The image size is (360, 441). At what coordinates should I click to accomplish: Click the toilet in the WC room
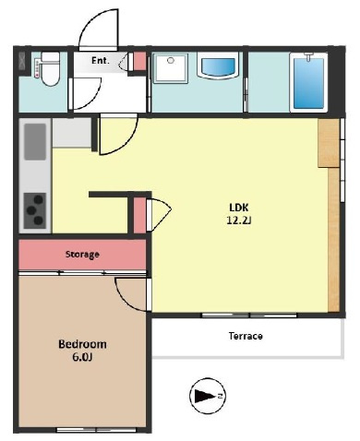(x=50, y=69)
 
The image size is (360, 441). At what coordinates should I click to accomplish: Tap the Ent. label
(x=101, y=61)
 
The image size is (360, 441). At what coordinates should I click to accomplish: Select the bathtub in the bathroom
(x=308, y=82)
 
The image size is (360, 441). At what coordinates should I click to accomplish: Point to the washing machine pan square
(x=171, y=68)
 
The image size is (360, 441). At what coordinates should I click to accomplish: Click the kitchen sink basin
(x=35, y=142)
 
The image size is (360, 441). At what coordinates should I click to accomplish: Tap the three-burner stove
(x=35, y=210)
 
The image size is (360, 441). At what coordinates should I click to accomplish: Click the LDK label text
(x=239, y=208)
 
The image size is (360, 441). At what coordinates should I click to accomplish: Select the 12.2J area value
(x=239, y=220)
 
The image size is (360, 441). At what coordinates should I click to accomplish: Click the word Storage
(x=82, y=255)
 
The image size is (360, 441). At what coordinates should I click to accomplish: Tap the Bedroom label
(x=82, y=344)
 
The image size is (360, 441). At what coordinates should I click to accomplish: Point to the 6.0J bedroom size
(x=82, y=357)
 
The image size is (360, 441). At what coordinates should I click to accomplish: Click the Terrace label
(x=246, y=336)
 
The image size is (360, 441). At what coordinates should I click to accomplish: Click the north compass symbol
(x=208, y=396)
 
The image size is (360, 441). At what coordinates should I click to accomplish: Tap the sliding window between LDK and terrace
(x=249, y=316)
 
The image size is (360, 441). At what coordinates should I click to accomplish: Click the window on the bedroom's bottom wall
(x=97, y=430)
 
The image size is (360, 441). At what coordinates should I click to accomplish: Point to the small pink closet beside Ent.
(x=139, y=61)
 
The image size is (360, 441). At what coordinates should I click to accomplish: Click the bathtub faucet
(x=308, y=57)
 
